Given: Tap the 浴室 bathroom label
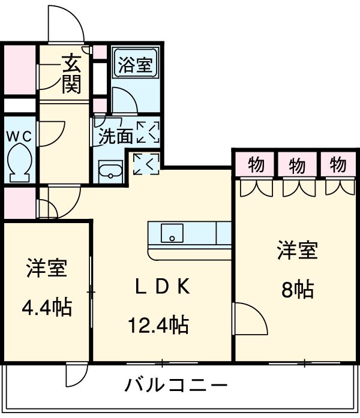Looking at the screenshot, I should (134, 64).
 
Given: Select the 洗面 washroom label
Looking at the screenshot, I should (115, 136).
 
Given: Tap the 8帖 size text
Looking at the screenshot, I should (297, 290).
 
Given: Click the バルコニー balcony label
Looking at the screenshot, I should (176, 384).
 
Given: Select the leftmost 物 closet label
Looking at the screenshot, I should (256, 164).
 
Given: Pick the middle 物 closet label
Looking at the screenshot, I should (297, 164).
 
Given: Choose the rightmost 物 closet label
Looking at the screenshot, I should (337, 164).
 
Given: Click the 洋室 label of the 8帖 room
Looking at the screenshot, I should (297, 250).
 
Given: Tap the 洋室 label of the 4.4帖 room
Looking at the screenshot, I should (46, 268).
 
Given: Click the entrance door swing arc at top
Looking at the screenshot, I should (66, 24).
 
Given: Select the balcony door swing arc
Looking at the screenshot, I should (77, 375).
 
